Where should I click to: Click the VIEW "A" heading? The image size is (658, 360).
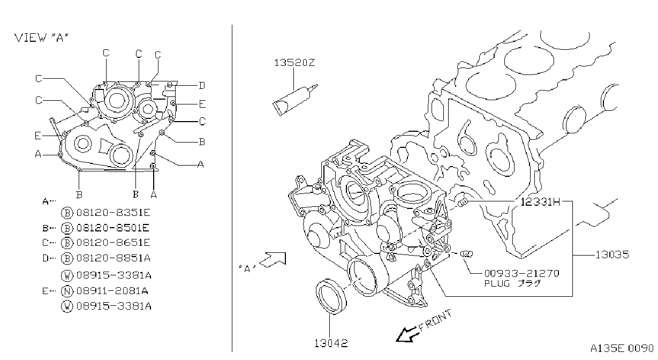(x=41, y=37)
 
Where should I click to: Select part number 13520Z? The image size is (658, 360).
(x=294, y=63)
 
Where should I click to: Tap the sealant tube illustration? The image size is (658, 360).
(x=294, y=100)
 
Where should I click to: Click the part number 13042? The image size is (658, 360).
(x=331, y=343)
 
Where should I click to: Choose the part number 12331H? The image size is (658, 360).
(x=540, y=202)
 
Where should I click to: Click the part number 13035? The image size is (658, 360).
(x=612, y=254)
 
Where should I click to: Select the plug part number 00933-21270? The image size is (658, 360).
(x=521, y=274)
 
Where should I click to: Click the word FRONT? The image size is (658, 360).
(x=435, y=320)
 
